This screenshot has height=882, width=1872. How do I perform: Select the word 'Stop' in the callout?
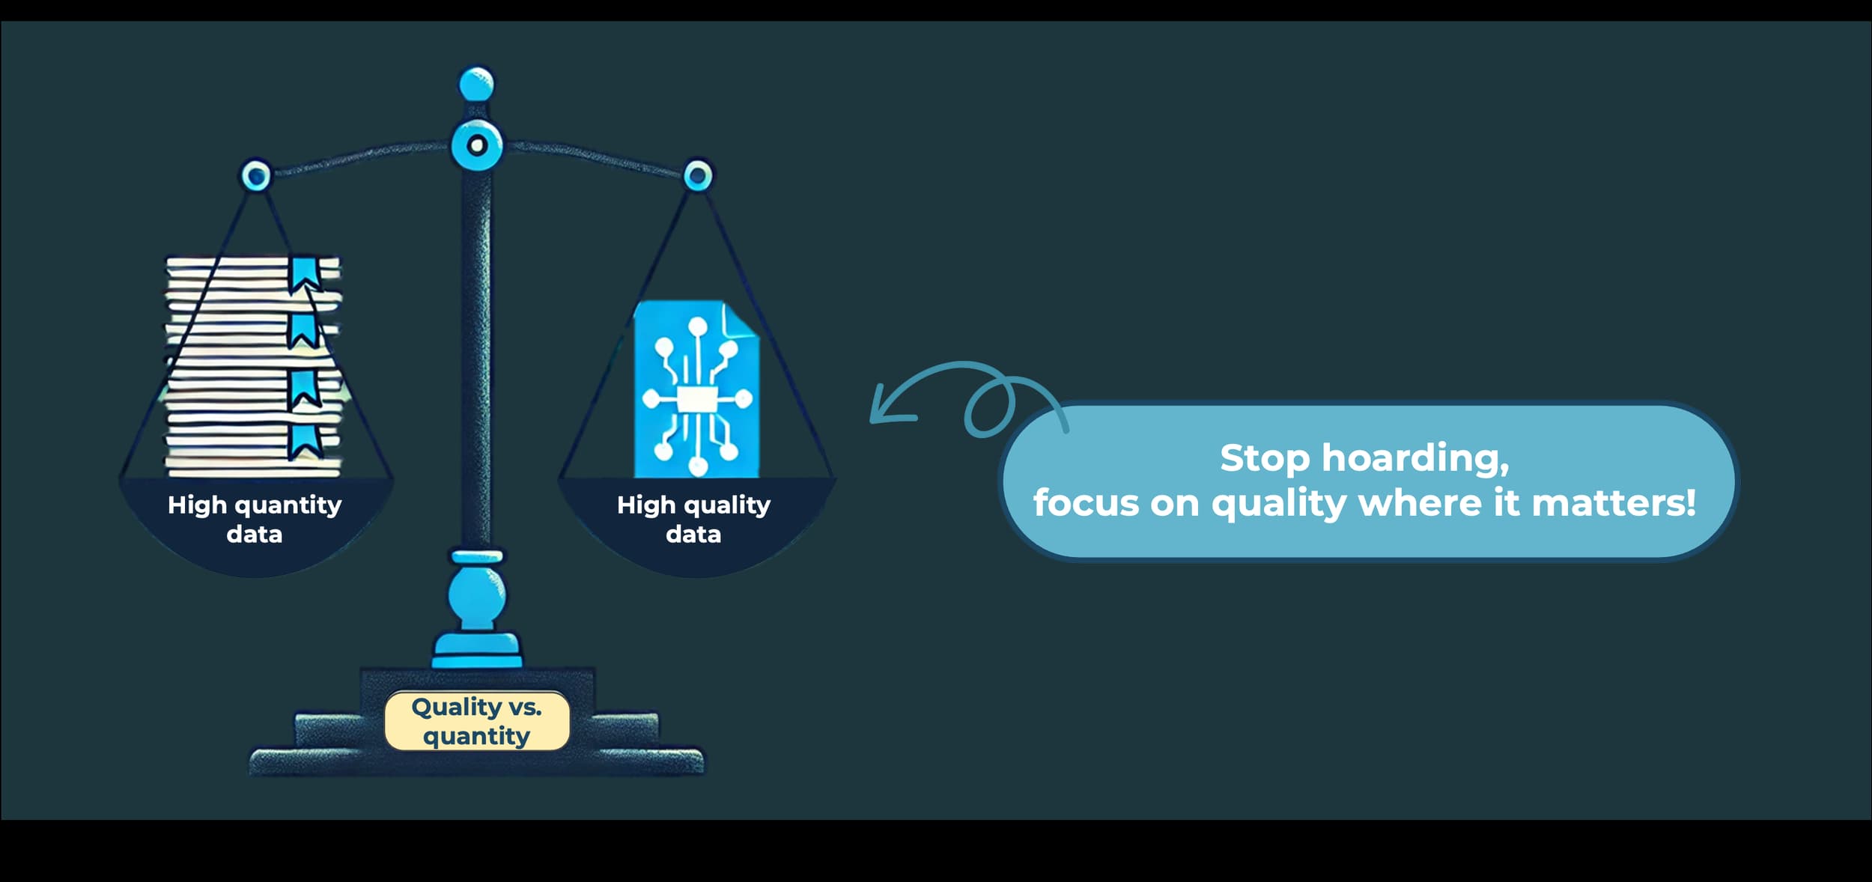pos(1264,458)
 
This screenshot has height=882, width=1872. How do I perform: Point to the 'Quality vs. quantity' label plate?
pos(477,721)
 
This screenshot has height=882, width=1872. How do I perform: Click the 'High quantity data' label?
pos(255,519)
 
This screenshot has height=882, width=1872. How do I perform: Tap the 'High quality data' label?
pos(693,519)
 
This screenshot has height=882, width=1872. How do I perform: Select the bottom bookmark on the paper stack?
pos(304,442)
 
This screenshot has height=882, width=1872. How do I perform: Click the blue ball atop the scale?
pos(476,84)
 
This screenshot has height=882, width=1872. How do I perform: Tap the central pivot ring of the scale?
pos(476,145)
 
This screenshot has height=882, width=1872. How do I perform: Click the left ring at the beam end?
pos(256,176)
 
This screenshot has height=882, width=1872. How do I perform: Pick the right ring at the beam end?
pos(698,176)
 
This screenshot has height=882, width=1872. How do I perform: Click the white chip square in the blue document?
pos(696,399)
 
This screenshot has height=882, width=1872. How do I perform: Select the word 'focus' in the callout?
pos(1086,503)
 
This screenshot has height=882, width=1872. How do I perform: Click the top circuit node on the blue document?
pos(697,327)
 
